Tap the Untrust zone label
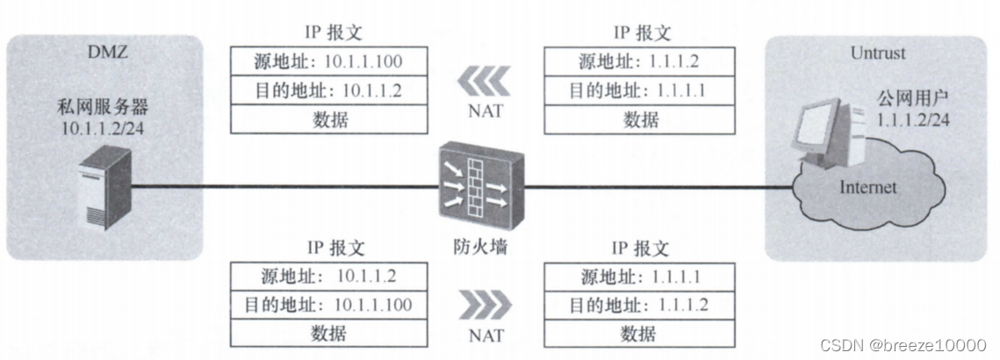(x=877, y=53)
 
